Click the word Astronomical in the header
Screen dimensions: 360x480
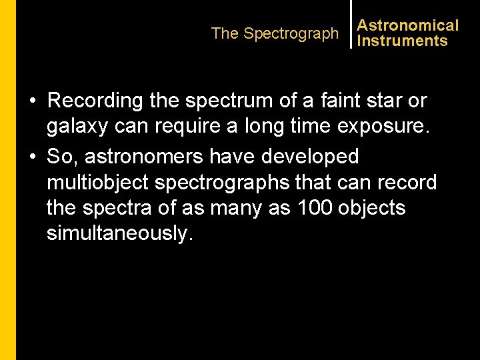tap(407, 25)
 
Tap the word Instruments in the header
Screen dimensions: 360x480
tap(402, 41)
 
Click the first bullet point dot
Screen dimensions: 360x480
tap(32, 101)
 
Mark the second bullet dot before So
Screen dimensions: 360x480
tap(32, 157)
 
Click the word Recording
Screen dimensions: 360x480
tap(96, 101)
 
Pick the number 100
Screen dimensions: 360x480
tap(313, 208)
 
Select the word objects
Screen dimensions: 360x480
tap(371, 208)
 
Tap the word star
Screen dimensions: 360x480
tap(383, 101)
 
